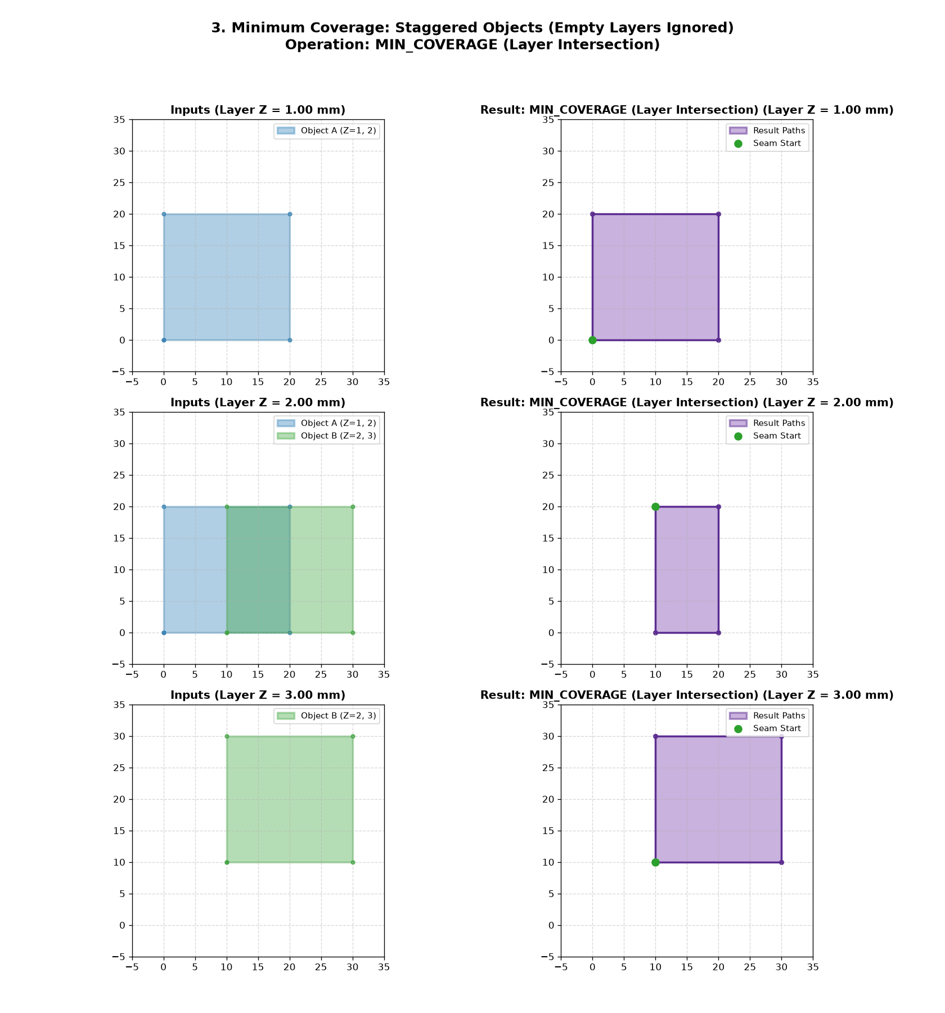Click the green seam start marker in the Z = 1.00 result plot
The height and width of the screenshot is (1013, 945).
point(592,340)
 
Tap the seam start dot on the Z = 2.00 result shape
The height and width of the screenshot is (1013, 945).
point(655,507)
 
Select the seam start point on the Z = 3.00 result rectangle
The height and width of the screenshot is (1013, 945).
point(655,862)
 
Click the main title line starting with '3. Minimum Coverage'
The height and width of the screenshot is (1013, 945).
point(472,28)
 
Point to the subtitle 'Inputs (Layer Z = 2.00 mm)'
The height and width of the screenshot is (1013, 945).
point(258,402)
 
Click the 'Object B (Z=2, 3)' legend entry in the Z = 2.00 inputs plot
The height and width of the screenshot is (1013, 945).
point(327,436)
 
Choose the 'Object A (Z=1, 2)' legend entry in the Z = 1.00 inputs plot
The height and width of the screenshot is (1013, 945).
point(327,131)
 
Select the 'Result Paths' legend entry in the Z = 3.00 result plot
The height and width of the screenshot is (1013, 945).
point(768,716)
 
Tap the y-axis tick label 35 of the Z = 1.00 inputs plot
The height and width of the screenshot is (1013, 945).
point(120,119)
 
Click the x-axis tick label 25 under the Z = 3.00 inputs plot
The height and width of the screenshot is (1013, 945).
point(321,967)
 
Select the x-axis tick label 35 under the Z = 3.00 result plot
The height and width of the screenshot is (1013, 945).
point(813,967)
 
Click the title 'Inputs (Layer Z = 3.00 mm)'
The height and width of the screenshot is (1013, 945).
point(258,695)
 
